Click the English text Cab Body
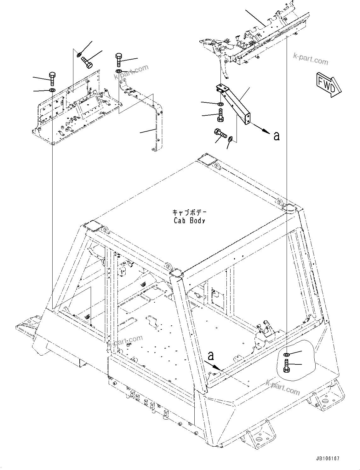189,221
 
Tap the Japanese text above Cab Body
189,212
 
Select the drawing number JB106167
327,459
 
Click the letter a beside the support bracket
277,136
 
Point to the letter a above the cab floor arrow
211,356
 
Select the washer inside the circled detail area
286,355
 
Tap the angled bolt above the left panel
87,61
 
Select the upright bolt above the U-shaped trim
119,59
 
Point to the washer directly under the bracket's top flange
220,104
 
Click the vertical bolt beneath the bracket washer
220,115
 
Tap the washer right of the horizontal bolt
230,138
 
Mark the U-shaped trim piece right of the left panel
156,126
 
